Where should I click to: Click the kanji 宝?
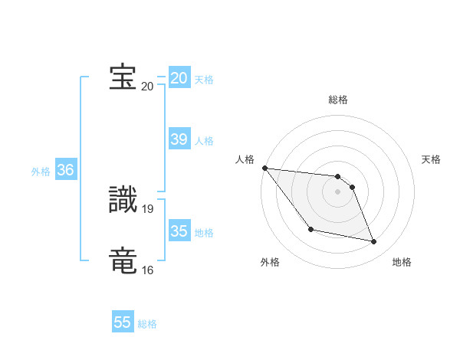123,77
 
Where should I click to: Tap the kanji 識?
123,199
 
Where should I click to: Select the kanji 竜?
123,260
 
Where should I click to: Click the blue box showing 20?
179,78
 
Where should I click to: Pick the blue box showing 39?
179,139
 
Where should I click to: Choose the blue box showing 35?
179,231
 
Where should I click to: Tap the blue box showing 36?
65,170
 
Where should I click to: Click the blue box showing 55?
123,322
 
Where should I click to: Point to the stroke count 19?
149,208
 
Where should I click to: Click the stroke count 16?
147,270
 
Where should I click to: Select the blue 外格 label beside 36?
41,172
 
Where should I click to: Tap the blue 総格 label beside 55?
147,324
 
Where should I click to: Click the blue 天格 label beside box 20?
204,80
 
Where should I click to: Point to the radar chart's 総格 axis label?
338,100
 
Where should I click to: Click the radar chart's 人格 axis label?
245,159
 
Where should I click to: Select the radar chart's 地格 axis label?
402,262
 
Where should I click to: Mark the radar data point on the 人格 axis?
264,168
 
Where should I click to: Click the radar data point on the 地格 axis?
374,242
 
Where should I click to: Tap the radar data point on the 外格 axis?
310,229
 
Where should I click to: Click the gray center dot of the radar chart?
338,191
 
